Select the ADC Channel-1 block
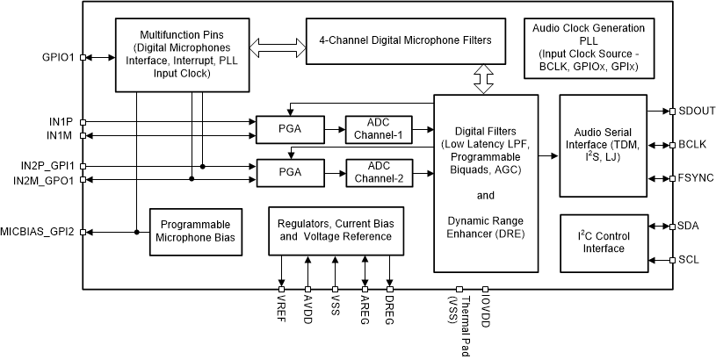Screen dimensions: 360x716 tap(378, 130)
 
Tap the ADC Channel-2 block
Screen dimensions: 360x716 tap(378, 173)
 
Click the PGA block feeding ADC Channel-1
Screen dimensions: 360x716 tap(289, 130)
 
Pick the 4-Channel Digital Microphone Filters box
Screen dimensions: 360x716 tap(404, 40)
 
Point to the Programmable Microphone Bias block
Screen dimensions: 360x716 tap(195, 232)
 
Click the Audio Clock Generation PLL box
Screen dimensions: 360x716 tap(588, 47)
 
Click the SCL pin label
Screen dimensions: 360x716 tap(689, 261)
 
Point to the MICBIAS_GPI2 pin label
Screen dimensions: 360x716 tap(40, 232)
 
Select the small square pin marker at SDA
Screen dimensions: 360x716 tap(671, 227)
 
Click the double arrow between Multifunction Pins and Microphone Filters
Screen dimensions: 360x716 tap(278, 40)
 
